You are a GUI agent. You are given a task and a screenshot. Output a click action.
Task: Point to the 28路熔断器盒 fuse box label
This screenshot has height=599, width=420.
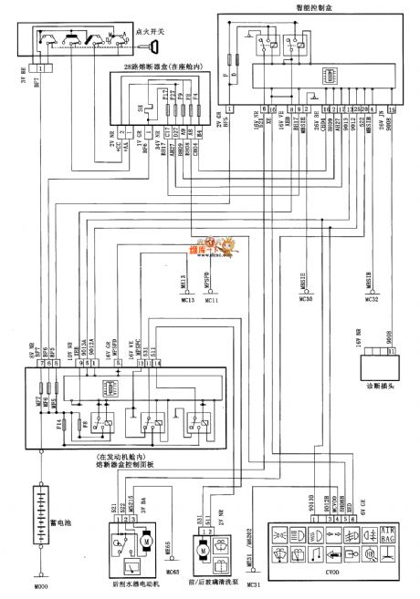[x=163, y=69]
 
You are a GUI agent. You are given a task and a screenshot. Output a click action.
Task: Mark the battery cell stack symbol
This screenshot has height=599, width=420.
[x=39, y=516]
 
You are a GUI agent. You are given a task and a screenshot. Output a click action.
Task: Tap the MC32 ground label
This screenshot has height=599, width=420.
[x=371, y=299]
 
